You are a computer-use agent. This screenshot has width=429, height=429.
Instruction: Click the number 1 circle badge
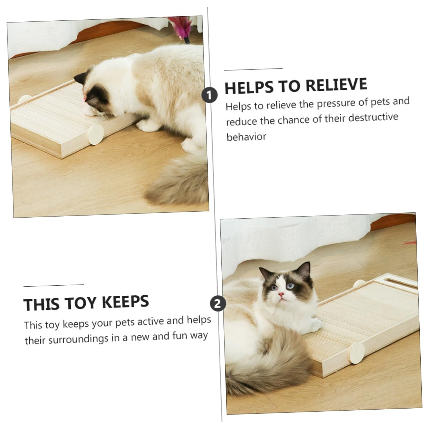[209, 95]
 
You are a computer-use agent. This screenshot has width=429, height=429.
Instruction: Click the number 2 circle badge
[218, 304]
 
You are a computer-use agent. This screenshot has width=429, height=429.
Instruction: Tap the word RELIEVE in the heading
[336, 85]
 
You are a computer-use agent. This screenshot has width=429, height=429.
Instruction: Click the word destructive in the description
[373, 117]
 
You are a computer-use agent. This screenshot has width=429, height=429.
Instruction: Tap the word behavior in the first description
[246, 136]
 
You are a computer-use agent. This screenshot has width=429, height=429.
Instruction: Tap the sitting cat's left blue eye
[290, 285]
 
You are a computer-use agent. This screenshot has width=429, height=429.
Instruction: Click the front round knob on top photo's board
[96, 135]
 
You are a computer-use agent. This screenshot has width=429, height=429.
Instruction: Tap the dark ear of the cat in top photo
[80, 77]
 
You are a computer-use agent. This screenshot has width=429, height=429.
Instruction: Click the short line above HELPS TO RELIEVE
[253, 69]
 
